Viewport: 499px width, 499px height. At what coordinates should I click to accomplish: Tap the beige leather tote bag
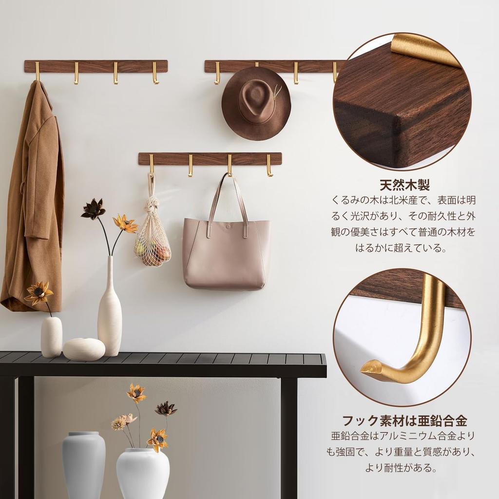pos(226,256)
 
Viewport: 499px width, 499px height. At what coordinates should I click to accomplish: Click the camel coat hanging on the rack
pos(34,195)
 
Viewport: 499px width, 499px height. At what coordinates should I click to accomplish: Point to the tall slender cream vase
pos(110,312)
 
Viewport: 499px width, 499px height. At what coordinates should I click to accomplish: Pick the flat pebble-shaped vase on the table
pos(84,349)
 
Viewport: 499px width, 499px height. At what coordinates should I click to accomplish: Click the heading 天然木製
pos(404,185)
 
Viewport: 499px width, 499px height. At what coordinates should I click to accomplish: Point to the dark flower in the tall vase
pos(93,209)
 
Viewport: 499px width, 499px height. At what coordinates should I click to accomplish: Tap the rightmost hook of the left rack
pos(155,73)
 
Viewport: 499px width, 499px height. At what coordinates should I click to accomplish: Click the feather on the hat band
pos(278,92)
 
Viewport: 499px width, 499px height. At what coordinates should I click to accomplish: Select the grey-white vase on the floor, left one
pos(83,463)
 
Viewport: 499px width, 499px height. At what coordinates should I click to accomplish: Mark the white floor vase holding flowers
pos(143,473)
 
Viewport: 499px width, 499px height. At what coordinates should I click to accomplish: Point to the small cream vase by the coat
pos(51,336)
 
